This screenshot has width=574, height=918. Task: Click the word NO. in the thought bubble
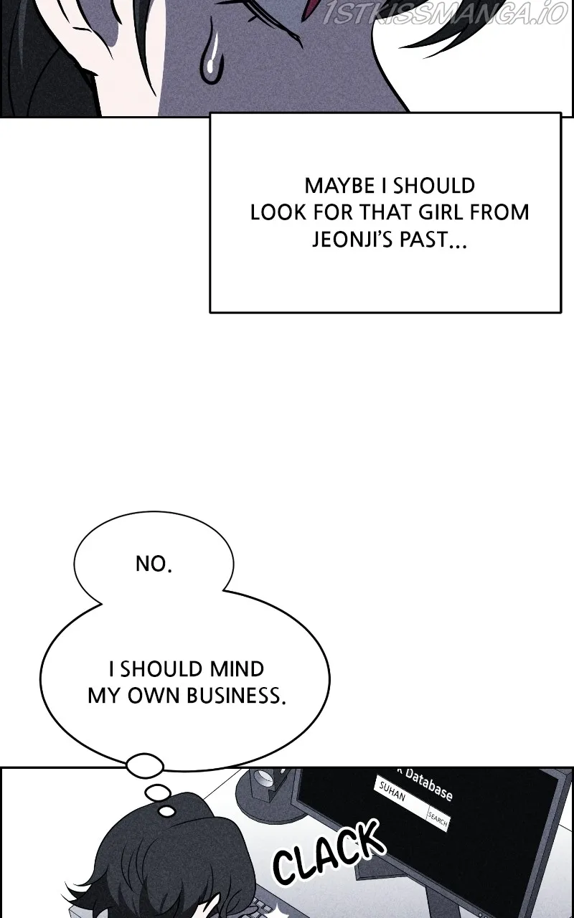point(154,564)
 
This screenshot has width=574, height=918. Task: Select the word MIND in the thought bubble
point(237,669)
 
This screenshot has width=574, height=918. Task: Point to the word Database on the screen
point(429,785)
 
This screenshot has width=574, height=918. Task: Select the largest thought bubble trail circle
point(145,765)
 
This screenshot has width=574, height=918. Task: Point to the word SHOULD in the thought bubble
point(161,669)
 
